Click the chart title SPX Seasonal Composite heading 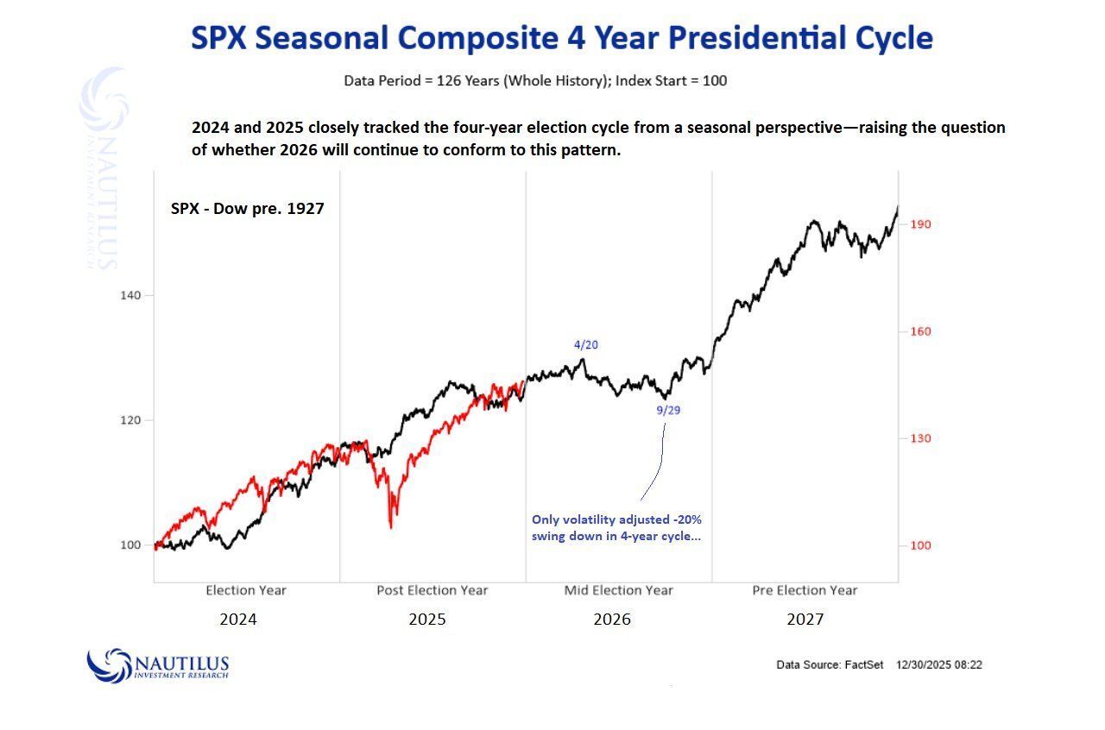tap(561, 38)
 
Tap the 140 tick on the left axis tap(129, 295)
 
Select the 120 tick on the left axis tap(129, 420)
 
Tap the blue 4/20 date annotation tap(586, 345)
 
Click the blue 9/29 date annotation tap(668, 411)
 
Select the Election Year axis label tap(246, 590)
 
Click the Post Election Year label tap(433, 590)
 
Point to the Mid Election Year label tap(619, 590)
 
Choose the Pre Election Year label tap(805, 590)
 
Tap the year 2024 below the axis tap(238, 620)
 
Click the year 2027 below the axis tap(805, 620)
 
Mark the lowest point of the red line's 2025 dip tap(391, 527)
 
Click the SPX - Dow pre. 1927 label tap(248, 208)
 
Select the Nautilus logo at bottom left tap(158, 665)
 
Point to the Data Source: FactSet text tap(830, 665)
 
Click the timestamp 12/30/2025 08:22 tap(939, 665)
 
